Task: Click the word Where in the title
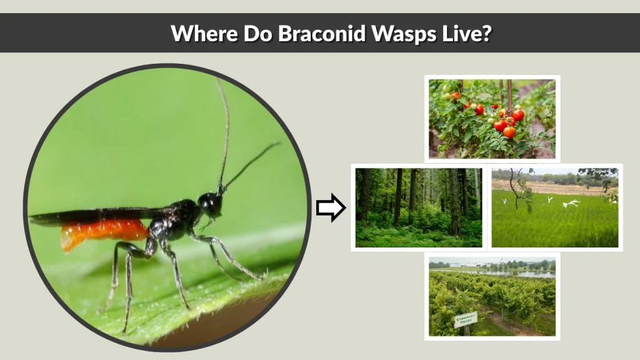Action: click(x=198, y=33)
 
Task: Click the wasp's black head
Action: click(x=210, y=204)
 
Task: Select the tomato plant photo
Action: click(x=492, y=118)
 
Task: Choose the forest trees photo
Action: click(x=418, y=207)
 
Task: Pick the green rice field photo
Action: click(x=554, y=207)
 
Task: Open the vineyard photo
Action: click(x=492, y=297)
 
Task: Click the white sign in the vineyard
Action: click(x=465, y=319)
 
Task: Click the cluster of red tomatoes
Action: click(x=504, y=119)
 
